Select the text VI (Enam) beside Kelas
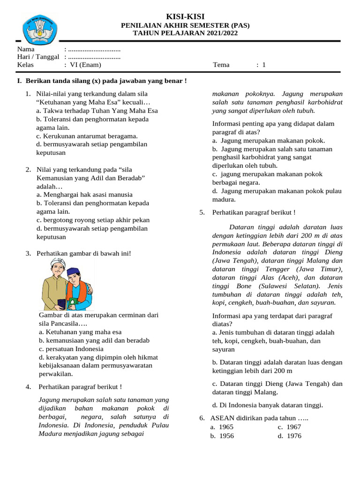coord(85,65)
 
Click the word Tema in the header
coord(221,65)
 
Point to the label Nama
coord(26,49)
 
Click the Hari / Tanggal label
coord(38,57)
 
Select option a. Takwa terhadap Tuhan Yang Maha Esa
coord(97,111)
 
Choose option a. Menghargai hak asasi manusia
coord(84,195)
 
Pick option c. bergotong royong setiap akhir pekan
coord(93,220)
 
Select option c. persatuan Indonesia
coord(71,349)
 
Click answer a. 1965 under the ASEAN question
coord(222,427)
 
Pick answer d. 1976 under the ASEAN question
coord(289,436)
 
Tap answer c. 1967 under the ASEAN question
coord(289,427)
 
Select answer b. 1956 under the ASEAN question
coord(222,436)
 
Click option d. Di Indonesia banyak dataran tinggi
coord(267,405)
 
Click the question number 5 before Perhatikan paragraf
coord(202,212)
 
